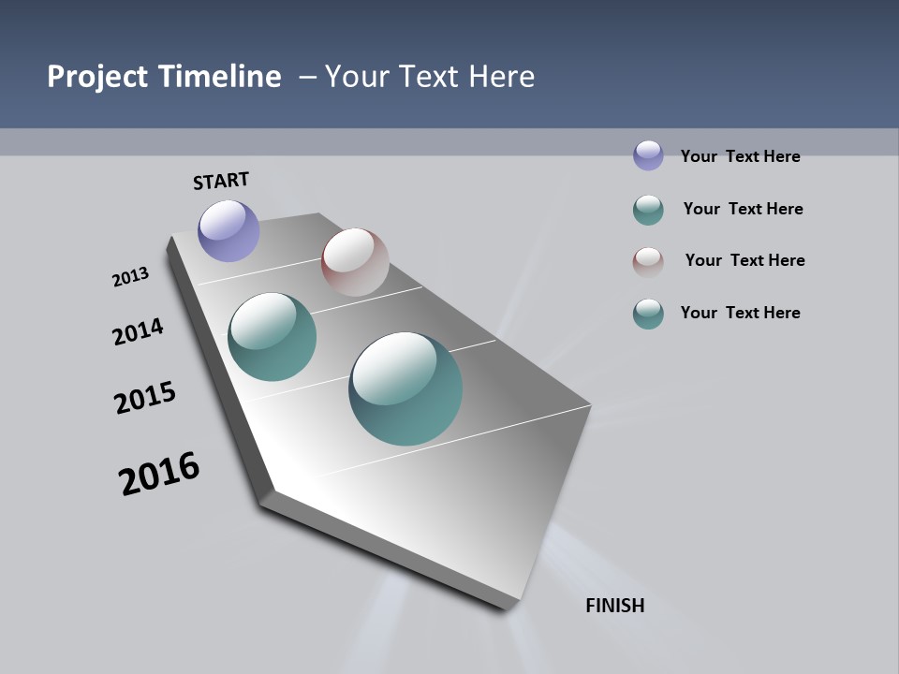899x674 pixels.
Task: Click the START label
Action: [x=221, y=180]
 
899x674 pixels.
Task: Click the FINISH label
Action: [x=614, y=606]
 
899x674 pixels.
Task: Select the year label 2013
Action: [x=130, y=276]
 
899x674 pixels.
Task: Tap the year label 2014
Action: [x=138, y=331]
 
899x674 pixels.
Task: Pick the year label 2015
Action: [x=145, y=398]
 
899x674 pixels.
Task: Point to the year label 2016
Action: [x=159, y=474]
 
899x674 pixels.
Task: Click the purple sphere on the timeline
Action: [x=228, y=230]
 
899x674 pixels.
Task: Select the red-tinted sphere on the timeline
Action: [x=355, y=262]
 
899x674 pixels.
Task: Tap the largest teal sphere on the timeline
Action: [x=405, y=388]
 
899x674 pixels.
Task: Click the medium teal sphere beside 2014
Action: [x=273, y=337]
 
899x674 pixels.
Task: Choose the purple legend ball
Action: [x=648, y=155]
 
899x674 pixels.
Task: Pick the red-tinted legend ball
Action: [x=648, y=261]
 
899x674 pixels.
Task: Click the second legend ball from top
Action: [x=648, y=210]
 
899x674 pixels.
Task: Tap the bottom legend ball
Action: [x=648, y=314]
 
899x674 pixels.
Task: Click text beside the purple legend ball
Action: [x=740, y=156]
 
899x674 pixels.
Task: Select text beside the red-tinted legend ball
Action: [x=744, y=260]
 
